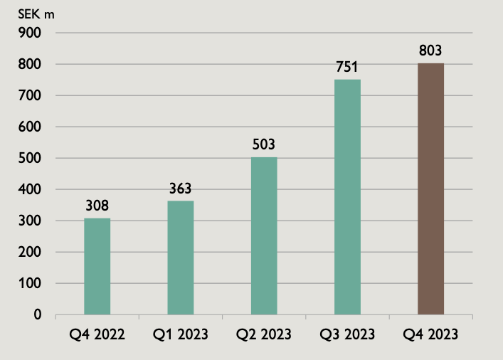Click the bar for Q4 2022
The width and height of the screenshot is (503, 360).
pyautogui.click(x=97, y=266)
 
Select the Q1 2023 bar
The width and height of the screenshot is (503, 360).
pyautogui.click(x=180, y=258)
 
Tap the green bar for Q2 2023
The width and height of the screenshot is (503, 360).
pyautogui.click(x=264, y=235)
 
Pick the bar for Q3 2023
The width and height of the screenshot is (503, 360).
pyautogui.click(x=347, y=197)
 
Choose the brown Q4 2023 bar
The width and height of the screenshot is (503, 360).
pyautogui.click(x=430, y=189)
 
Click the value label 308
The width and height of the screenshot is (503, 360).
pyautogui.click(x=97, y=206)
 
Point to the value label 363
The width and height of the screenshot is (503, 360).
pyautogui.click(x=180, y=189)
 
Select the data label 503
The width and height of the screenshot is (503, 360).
pyautogui.click(x=263, y=145)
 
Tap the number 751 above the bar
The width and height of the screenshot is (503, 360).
pyautogui.click(x=347, y=68)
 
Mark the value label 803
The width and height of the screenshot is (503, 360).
pyautogui.click(x=430, y=51)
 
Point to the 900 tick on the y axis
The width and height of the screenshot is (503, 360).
pyautogui.click(x=33, y=33)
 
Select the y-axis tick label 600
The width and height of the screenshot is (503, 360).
pyautogui.click(x=33, y=127)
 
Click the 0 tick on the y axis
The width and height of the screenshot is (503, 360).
pyautogui.click(x=38, y=314)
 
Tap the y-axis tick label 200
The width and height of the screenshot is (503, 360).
pyautogui.click(x=33, y=252)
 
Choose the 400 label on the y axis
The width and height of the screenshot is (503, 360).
pyautogui.click(x=33, y=189)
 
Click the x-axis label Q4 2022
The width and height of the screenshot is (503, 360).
pyautogui.click(x=97, y=334)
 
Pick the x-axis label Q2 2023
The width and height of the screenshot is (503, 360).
pyautogui.click(x=263, y=334)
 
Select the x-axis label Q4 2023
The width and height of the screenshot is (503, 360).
pyautogui.click(x=430, y=334)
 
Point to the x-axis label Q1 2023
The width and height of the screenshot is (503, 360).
pyautogui.click(x=180, y=334)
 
